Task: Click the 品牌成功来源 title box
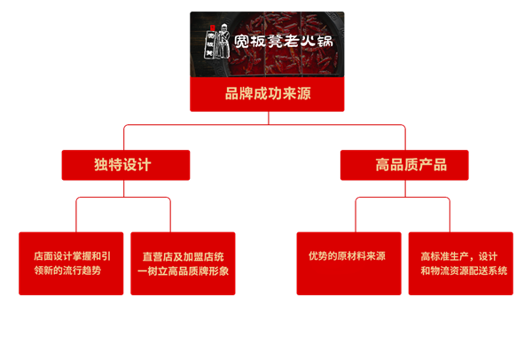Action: tap(265, 93)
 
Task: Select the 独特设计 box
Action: tap(125, 165)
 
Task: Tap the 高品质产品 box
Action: tap(405, 165)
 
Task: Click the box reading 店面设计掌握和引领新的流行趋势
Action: tap(72, 262)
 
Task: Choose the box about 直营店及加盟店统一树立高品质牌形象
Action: tap(183, 262)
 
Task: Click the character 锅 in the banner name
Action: tap(329, 43)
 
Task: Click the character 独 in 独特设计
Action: tap(99, 165)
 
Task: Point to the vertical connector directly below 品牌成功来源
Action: tap(265, 118)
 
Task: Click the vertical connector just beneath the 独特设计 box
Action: tap(125, 189)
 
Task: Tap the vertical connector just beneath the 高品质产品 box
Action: tap(405, 189)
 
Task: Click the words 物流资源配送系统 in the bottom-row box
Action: tap(465, 270)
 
